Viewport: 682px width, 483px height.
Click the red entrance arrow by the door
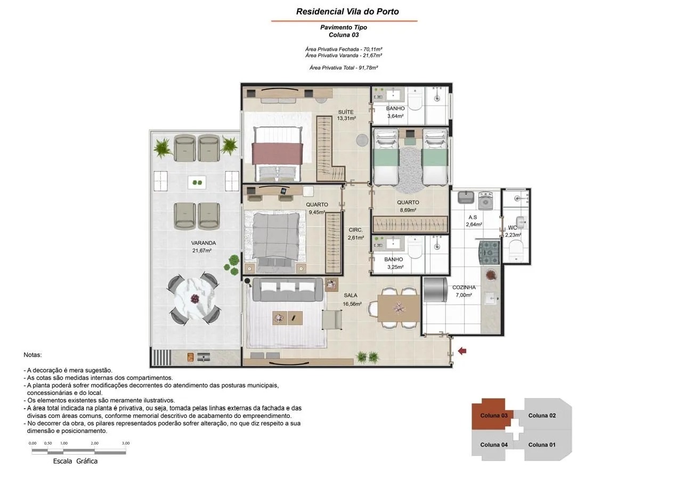462,351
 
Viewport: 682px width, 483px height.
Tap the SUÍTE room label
346,112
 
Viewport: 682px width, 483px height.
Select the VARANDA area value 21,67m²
202,251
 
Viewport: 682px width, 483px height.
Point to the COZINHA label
464,287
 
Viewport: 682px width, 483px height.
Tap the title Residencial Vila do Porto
347,12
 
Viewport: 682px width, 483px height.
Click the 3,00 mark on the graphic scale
126,443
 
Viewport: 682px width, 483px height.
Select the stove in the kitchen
490,252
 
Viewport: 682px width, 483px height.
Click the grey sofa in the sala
288,289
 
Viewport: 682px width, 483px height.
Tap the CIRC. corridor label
355,230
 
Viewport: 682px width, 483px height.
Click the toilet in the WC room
516,249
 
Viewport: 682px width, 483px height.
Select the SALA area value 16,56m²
352,304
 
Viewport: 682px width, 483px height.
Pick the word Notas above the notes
33,355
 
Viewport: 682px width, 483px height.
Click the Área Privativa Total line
344,68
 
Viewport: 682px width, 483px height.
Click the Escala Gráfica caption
75,461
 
